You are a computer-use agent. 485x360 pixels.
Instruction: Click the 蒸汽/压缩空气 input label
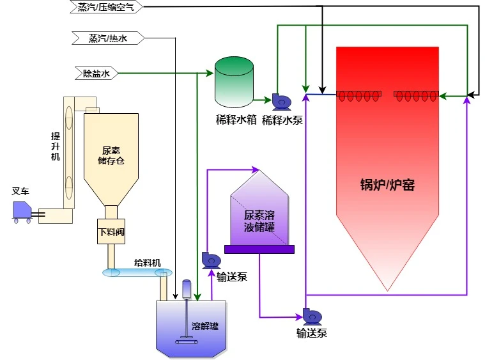coord(106,7)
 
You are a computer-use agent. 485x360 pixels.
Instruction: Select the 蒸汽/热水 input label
coord(108,38)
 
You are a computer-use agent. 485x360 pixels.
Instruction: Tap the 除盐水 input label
coord(96,74)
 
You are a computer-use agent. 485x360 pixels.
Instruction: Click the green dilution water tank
coord(234,81)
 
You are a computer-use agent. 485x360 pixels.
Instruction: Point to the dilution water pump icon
coord(280,101)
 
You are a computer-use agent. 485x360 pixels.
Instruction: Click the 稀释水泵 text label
coord(282,120)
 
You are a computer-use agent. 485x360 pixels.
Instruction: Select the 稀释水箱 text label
coord(235,120)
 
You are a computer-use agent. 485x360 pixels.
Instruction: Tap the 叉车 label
coord(20,191)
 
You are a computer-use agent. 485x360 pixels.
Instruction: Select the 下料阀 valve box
coord(111,231)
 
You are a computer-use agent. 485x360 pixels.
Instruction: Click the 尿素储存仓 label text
coord(111,155)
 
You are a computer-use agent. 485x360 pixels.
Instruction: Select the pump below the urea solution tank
coord(311,316)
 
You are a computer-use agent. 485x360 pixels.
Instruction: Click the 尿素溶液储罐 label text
coord(259,221)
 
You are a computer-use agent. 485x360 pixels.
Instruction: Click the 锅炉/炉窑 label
coord(387,185)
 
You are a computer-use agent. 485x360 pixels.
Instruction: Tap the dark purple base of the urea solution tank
coord(259,249)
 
